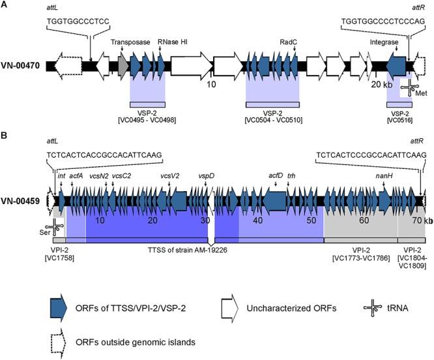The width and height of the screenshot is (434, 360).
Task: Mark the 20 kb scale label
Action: point(381,85)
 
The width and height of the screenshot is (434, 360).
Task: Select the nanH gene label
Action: point(383,176)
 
